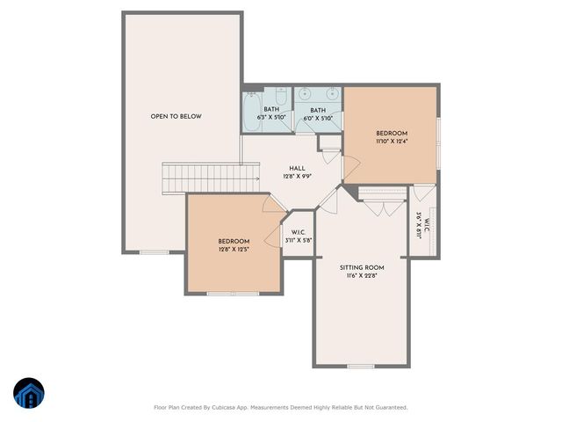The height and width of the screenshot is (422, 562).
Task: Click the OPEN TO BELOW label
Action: click(x=176, y=116)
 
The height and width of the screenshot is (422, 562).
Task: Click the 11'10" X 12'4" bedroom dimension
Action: click(x=391, y=140)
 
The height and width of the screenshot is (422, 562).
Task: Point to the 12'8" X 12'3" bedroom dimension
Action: click(x=234, y=249)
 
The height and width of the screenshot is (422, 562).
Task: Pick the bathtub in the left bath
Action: click(x=251, y=111)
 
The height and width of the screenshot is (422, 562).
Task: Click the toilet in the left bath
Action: click(x=281, y=94)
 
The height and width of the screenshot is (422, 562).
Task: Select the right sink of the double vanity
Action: click(x=330, y=92)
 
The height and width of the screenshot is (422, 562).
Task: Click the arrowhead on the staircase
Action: click(x=256, y=178)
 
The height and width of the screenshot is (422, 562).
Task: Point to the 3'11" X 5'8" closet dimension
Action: click(x=299, y=240)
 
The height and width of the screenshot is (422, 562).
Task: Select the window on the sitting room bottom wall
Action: click(x=361, y=366)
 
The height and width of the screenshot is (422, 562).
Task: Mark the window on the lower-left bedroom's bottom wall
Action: click(x=233, y=293)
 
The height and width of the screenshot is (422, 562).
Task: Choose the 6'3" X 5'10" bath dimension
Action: click(x=271, y=117)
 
